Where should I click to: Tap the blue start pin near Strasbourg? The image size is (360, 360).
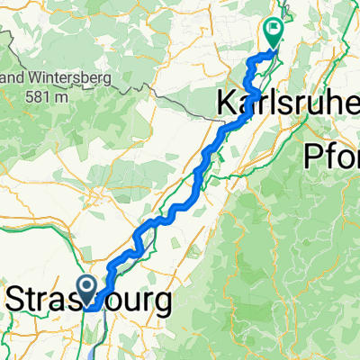(88, 291)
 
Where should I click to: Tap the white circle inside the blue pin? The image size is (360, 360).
(88, 287)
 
